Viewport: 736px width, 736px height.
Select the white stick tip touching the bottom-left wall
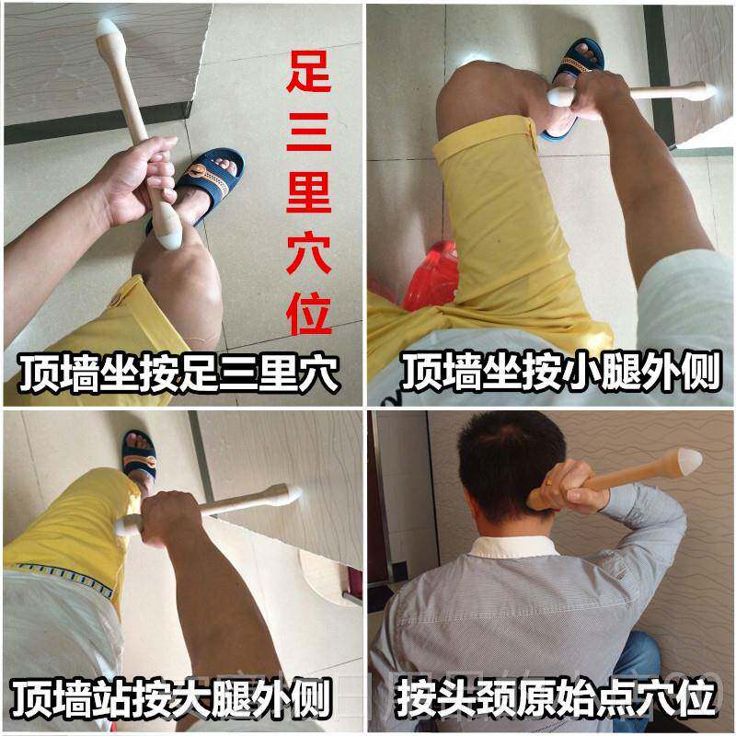pyautogui.click(x=292, y=495)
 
